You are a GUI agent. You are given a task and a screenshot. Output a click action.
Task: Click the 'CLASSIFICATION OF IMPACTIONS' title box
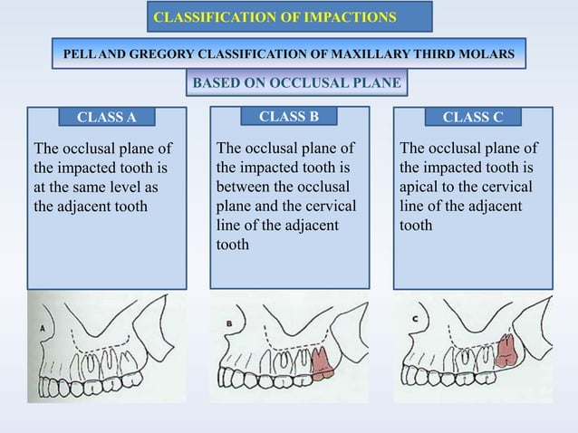pyautogui.click(x=288, y=17)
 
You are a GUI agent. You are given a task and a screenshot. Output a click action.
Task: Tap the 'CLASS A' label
pyautogui.click(x=106, y=117)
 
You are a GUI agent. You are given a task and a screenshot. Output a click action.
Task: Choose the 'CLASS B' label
pyautogui.click(x=289, y=116)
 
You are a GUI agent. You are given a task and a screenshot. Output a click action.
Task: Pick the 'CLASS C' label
pyautogui.click(x=472, y=117)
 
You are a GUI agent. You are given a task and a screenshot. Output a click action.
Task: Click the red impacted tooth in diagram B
pyautogui.click(x=322, y=362)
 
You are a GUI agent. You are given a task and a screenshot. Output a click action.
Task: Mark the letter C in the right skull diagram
pyautogui.click(x=415, y=319)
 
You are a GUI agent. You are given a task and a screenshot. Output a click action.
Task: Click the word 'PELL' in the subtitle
pyautogui.click(x=79, y=55)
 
